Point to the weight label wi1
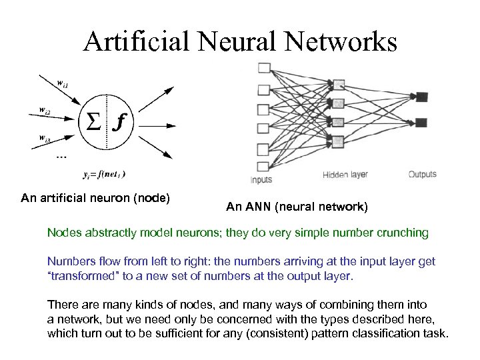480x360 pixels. click(x=63, y=83)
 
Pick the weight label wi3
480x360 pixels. click(x=45, y=139)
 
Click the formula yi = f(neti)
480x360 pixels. click(x=104, y=175)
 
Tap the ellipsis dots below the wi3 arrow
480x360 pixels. click(x=61, y=157)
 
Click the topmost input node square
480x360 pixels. click(x=264, y=68)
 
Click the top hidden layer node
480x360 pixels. click(x=338, y=84)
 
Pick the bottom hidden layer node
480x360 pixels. click(x=338, y=141)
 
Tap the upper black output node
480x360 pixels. click(x=421, y=97)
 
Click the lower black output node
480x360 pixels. click(x=421, y=122)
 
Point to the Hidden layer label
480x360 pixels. click(x=345, y=175)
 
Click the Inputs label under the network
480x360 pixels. click(x=261, y=180)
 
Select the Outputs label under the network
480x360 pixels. click(x=422, y=174)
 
